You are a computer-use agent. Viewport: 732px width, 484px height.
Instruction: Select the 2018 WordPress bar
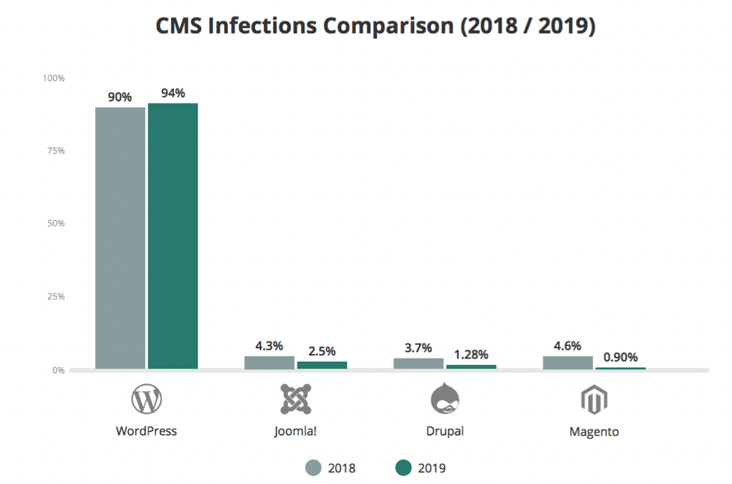120,238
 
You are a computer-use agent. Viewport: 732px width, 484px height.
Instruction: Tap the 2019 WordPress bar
172,235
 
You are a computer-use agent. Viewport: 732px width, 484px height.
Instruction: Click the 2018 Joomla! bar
269,362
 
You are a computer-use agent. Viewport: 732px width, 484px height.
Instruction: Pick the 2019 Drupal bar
471,366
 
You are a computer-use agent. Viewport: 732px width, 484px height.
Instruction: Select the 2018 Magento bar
568,362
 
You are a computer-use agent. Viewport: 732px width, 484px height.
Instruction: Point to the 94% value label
172,94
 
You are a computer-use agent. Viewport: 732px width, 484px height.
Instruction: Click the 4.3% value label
269,346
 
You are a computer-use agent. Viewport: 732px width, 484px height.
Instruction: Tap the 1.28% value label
471,355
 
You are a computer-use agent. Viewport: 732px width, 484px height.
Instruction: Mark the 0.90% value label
620,358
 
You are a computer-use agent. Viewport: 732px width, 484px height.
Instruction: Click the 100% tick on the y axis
54,79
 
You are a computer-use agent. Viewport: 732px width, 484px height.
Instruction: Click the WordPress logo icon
146,399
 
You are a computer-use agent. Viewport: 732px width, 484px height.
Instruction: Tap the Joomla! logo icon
296,399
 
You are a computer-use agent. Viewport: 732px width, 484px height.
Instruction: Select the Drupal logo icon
445,398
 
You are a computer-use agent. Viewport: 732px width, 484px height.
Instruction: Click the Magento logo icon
594,400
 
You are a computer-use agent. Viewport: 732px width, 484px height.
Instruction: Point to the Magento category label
594,431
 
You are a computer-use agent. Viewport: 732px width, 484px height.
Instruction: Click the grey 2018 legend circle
313,468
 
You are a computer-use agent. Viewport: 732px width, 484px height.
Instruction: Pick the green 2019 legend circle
403,468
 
